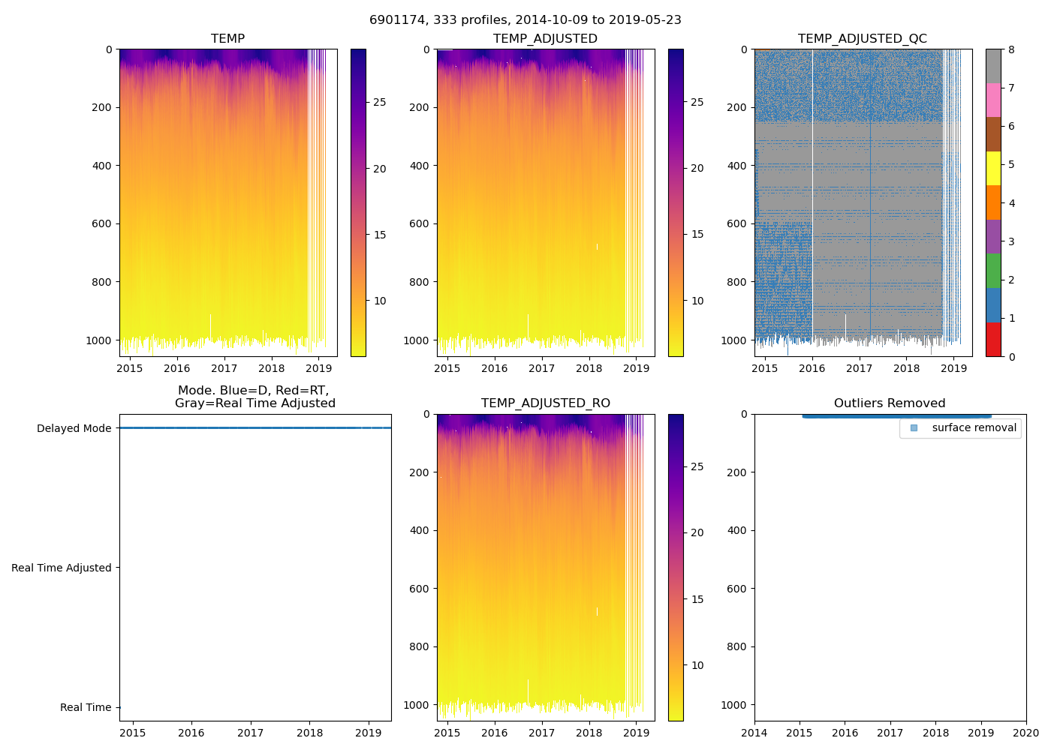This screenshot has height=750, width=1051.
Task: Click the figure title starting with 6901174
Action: coord(525,20)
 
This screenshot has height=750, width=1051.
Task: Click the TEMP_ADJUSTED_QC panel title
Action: coord(862,39)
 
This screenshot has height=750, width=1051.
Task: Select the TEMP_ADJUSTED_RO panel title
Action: coord(545,403)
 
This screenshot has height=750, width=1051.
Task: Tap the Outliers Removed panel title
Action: coord(890,403)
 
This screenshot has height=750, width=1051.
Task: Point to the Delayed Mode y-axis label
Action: coord(74,428)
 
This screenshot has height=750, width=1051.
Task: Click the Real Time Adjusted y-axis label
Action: coord(62,568)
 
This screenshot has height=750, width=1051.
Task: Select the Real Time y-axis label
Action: coord(86,707)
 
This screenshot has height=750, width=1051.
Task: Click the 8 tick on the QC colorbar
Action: coord(1012,49)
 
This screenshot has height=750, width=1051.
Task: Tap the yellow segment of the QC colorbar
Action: coord(993,169)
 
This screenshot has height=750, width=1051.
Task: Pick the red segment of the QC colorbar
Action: coord(993,339)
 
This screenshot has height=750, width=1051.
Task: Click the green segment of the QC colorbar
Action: coord(993,271)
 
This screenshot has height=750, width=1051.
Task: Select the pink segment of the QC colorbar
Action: coord(993,100)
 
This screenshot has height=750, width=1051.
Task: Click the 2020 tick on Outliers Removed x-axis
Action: coord(1026,733)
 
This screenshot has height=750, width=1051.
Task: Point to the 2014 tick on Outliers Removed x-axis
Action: coord(754,733)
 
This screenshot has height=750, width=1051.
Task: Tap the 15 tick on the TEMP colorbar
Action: coord(380,235)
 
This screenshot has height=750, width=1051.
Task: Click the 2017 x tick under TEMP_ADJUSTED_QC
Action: coord(860,368)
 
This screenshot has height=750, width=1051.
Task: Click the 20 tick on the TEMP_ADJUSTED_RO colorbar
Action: coord(697,532)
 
